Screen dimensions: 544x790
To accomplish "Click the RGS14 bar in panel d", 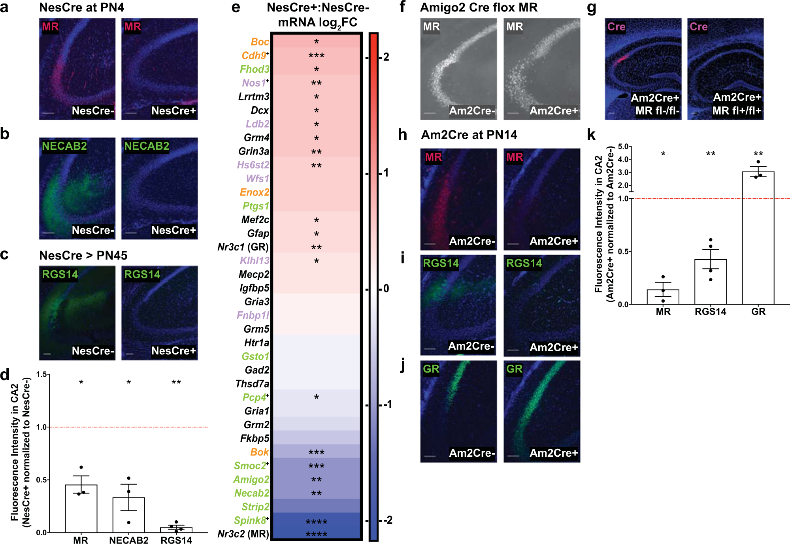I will pyautogui.click(x=176, y=530).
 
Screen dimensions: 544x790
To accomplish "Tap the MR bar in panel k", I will pyautogui.click(x=663, y=297).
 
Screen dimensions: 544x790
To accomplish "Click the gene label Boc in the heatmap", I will pyautogui.click(x=260, y=42).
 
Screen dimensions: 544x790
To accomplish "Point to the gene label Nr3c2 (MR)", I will pyautogui.click(x=243, y=534).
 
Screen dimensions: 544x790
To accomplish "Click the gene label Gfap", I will pyautogui.click(x=258, y=233).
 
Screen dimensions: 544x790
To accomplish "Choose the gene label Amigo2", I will pyautogui.click(x=251, y=479).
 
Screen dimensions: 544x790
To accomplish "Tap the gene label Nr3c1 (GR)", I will pyautogui.click(x=243, y=247).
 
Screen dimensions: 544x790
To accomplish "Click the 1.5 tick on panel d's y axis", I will pyautogui.click(x=41, y=374).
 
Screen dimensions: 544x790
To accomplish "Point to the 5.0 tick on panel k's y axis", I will pyautogui.click(x=623, y=147).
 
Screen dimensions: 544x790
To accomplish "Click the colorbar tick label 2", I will pyautogui.click(x=386, y=57).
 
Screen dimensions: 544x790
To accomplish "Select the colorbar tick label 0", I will pyautogui.click(x=386, y=289).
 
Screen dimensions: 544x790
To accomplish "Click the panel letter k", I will pyautogui.click(x=591, y=135).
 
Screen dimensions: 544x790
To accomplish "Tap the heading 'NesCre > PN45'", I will pyautogui.click(x=83, y=256).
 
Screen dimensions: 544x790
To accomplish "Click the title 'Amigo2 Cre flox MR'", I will pyautogui.click(x=479, y=8).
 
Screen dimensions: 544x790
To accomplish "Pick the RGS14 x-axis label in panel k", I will pyautogui.click(x=710, y=312).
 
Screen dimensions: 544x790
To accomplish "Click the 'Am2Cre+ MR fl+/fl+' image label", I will pyautogui.click(x=737, y=104).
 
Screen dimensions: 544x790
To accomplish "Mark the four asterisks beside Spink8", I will pyautogui.click(x=316, y=521).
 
